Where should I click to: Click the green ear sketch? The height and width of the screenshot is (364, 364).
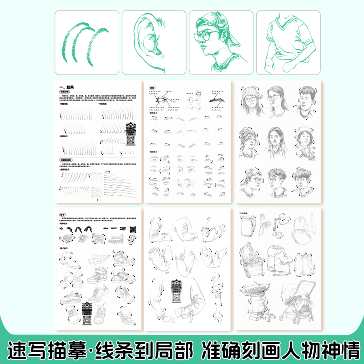pyautogui.click(x=153, y=43)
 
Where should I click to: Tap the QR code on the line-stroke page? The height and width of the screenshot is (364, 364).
pyautogui.click(x=131, y=138)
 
